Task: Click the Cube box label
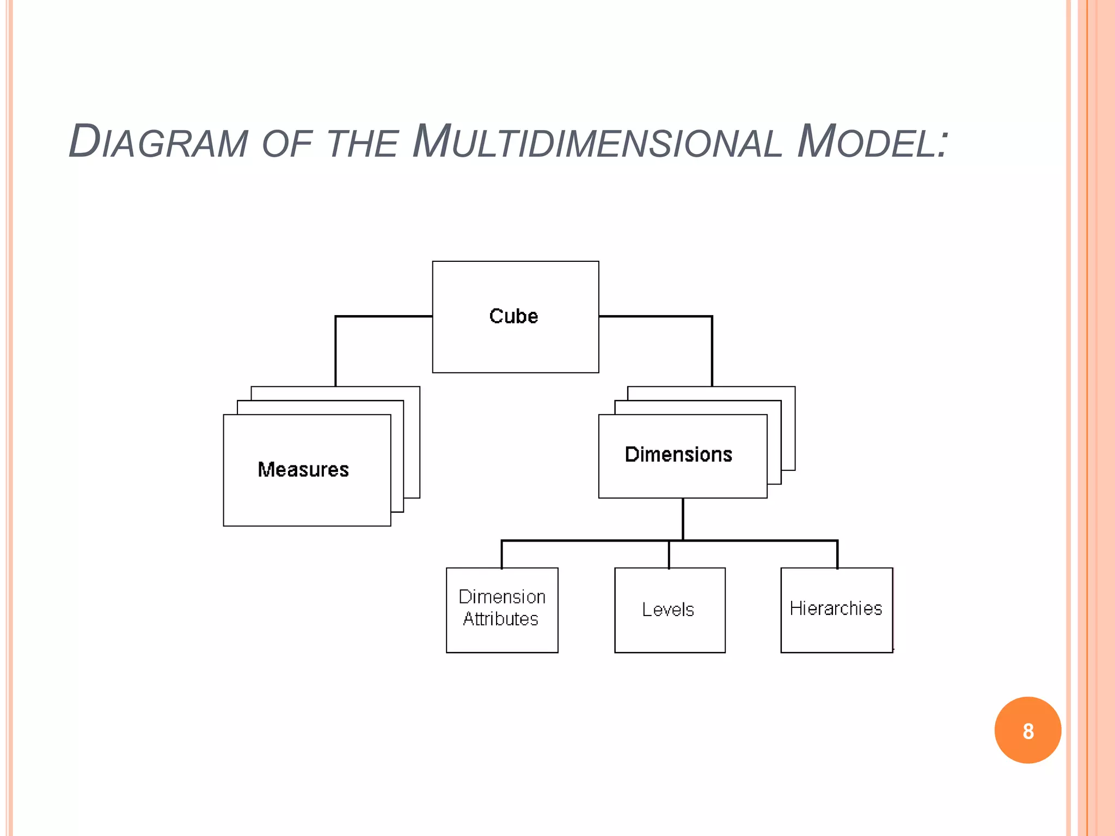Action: (513, 316)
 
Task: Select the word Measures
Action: (303, 470)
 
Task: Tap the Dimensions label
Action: (678, 454)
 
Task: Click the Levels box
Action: (670, 610)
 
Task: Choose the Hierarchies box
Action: (836, 610)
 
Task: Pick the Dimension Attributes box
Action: (502, 610)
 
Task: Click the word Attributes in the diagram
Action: (500, 619)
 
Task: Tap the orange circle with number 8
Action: (1027, 730)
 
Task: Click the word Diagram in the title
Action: (158, 143)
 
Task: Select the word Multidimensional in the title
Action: (597, 143)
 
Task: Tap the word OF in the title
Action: (286, 145)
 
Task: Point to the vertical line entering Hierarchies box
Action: (837, 554)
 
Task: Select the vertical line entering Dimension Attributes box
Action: (502, 554)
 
